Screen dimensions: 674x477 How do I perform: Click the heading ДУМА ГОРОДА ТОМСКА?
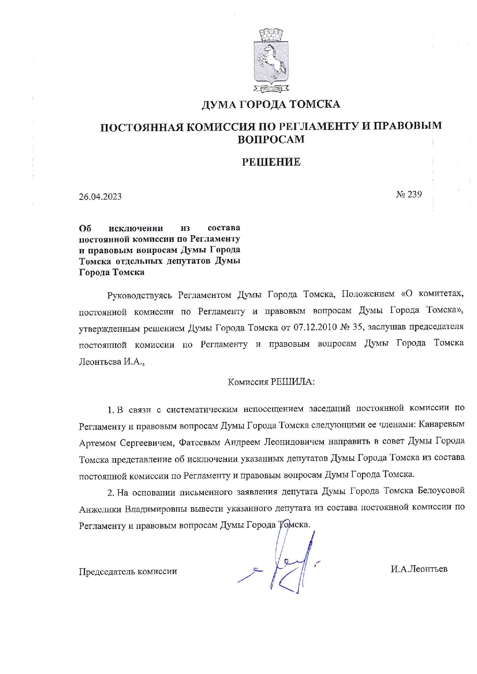pos(271,104)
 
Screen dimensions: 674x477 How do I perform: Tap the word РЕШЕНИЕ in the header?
pos(271,162)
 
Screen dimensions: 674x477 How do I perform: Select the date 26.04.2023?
pos(100,196)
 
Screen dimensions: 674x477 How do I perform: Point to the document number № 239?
pos(409,194)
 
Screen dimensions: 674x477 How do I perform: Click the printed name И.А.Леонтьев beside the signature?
pos(419,569)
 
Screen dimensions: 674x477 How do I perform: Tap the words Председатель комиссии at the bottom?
pos(128,571)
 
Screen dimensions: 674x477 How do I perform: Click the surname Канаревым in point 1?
pos(441,424)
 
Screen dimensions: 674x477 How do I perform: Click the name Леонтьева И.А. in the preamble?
pos(112,362)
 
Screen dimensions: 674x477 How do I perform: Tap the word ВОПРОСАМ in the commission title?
pos(271,139)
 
